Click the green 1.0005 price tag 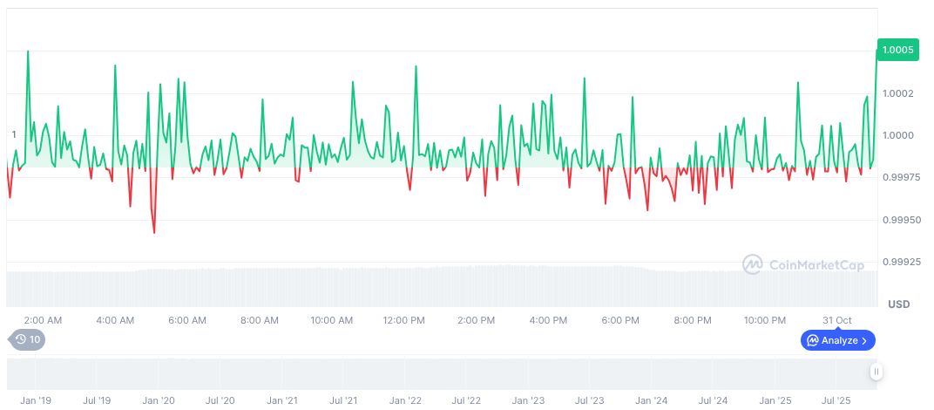(897, 51)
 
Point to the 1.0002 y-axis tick (897, 93)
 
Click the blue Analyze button (837, 340)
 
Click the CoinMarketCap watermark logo (803, 263)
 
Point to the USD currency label (898, 304)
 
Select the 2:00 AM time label (43, 320)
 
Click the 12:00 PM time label (404, 320)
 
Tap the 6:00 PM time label (621, 320)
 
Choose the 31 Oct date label (837, 320)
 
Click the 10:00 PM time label (765, 320)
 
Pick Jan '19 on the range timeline (36, 400)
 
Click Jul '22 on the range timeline (467, 400)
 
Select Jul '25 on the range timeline (836, 400)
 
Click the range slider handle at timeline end (876, 372)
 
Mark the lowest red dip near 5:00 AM (154, 232)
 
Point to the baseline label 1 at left (14, 134)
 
